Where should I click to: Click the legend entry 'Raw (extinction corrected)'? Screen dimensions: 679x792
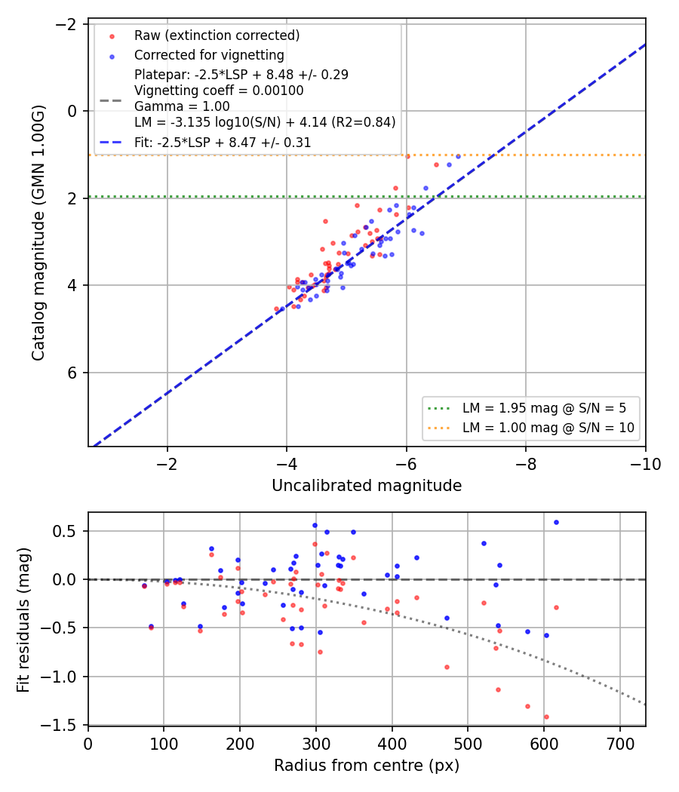click(x=217, y=35)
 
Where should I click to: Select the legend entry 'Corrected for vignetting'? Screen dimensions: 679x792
click(x=209, y=55)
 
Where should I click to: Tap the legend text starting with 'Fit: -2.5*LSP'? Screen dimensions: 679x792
click(x=223, y=143)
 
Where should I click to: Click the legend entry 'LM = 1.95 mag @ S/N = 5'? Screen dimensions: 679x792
click(x=544, y=408)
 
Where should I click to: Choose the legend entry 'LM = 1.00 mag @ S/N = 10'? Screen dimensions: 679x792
click(x=548, y=428)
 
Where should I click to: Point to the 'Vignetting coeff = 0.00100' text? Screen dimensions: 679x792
click(x=219, y=91)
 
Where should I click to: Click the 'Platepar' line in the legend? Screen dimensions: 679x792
click(x=241, y=75)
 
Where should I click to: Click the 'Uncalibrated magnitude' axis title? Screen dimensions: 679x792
click(x=367, y=486)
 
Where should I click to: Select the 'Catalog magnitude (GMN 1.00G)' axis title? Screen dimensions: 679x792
click(x=38, y=233)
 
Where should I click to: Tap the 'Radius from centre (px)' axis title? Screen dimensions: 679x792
click(x=367, y=766)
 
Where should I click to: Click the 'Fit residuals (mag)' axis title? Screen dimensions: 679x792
click(x=23, y=620)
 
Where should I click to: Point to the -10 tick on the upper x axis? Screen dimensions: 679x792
click(x=645, y=464)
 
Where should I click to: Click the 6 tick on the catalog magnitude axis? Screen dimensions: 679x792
click(x=72, y=373)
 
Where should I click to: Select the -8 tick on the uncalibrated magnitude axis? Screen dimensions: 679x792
click(x=525, y=464)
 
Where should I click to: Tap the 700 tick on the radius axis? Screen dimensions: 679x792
click(x=620, y=744)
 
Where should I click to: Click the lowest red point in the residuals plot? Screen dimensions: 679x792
click(x=546, y=717)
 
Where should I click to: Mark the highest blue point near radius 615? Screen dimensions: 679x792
click(x=556, y=522)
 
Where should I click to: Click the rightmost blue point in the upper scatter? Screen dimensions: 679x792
click(x=458, y=157)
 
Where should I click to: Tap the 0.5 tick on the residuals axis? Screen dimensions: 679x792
click(x=65, y=531)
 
